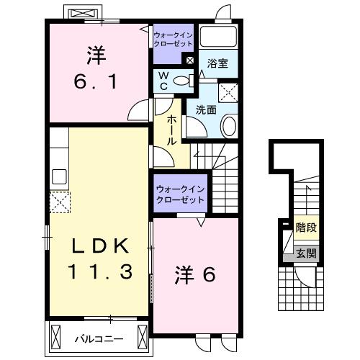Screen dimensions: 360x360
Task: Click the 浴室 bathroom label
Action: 218,63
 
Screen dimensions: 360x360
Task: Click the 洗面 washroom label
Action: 207,109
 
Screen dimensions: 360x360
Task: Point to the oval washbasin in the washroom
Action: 229,127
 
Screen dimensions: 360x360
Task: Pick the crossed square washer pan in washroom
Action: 230,91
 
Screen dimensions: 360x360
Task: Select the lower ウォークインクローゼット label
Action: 180,194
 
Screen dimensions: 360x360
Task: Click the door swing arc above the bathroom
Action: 223,12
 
